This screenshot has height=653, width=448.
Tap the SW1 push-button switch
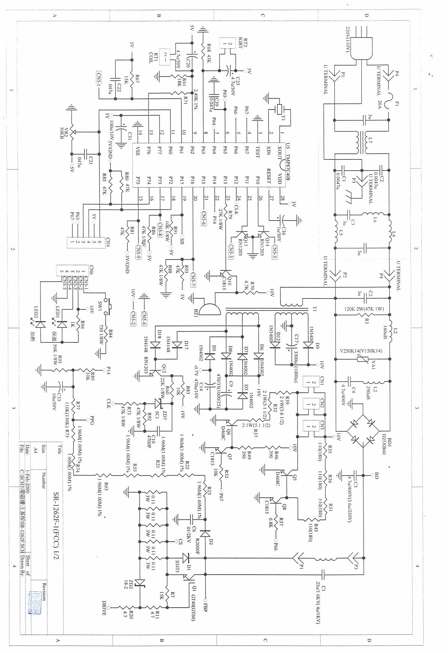click(110, 306)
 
